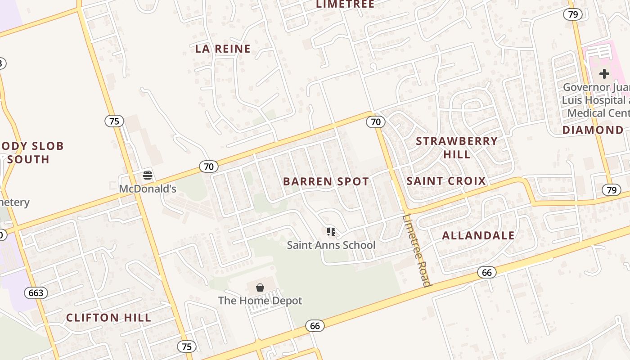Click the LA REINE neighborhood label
click(x=223, y=49)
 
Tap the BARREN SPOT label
click(x=326, y=182)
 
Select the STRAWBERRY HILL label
click(x=457, y=148)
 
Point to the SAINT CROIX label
click(x=446, y=181)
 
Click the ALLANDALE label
click(x=478, y=235)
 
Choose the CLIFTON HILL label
click(x=109, y=318)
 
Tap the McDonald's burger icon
click(x=148, y=175)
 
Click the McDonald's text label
click(x=148, y=189)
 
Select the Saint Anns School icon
click(x=331, y=232)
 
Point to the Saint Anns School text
click(x=331, y=245)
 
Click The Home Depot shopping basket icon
click(x=260, y=287)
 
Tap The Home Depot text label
click(x=260, y=301)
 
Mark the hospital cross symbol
click(x=604, y=73)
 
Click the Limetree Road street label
click(x=417, y=250)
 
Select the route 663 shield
click(x=36, y=293)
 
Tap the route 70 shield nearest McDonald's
click(x=209, y=166)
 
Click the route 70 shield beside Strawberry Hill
click(x=376, y=121)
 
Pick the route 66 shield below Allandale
click(x=486, y=272)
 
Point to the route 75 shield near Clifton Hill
click(x=187, y=346)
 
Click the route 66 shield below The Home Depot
click(x=315, y=326)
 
